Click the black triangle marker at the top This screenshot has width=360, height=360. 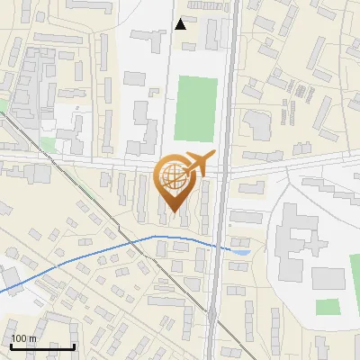[181, 23]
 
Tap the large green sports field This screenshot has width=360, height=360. [196, 108]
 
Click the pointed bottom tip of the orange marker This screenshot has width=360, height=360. [173, 212]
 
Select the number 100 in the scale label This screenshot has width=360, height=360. [18, 338]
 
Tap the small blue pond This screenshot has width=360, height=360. [240, 251]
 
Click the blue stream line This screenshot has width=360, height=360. [90, 256]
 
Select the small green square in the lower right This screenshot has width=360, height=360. [328, 307]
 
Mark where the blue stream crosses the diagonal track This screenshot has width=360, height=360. [137, 240]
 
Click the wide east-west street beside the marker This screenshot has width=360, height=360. [90, 165]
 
